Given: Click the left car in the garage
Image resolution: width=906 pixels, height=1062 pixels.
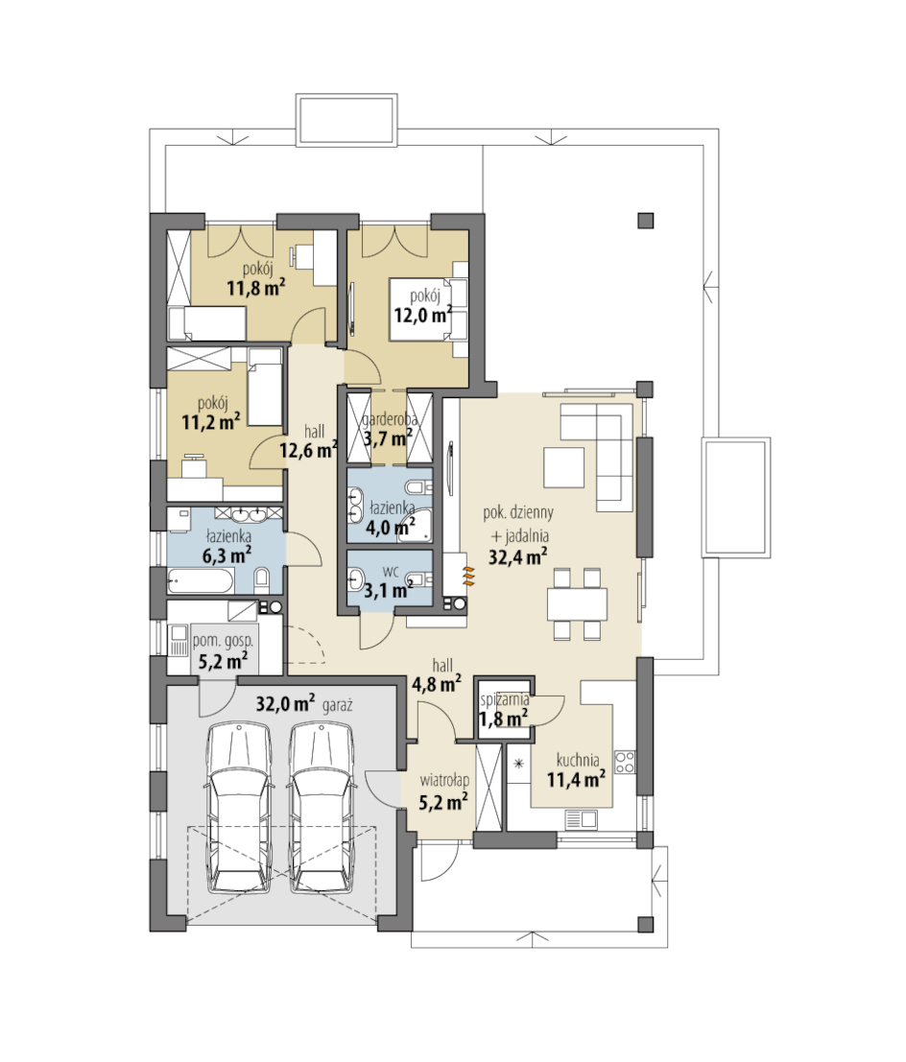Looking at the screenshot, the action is pos(239,808).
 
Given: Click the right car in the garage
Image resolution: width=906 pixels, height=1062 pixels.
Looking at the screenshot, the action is pos(322,808).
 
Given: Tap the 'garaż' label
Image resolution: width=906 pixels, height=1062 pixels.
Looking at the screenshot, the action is pos(338,705).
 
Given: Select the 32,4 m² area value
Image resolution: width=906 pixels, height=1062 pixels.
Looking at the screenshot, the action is pos(518,556).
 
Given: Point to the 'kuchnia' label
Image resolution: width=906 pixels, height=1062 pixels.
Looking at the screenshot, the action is pos(578,760).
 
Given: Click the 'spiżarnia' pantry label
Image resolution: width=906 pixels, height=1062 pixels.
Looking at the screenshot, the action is pos(504,700).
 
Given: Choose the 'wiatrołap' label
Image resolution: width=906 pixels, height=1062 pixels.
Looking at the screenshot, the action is pos(443,780).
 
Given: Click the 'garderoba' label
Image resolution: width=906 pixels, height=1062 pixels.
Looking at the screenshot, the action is pos(389,420).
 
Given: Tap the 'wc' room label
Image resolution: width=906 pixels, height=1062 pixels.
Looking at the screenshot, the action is pos(390,570).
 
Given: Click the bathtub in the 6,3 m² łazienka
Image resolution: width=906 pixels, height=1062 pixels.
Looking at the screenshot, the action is pos(202,581).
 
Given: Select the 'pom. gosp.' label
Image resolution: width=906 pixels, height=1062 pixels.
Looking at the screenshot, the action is pos(223,640).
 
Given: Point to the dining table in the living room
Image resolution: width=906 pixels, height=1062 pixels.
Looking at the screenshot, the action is pos(578,603).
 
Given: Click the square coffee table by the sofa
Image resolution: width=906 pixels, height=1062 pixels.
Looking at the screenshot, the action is pos(563,466).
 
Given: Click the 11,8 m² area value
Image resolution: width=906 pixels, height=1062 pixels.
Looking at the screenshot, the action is pos(255,289).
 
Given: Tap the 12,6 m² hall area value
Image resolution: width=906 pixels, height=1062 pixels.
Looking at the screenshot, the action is pos(309,449).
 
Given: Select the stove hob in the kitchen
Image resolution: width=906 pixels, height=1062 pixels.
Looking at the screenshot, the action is pos(625,762).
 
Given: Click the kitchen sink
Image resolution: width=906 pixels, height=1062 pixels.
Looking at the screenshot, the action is pos(582,819).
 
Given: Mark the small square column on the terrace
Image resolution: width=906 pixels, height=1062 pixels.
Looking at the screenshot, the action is pos(645,220).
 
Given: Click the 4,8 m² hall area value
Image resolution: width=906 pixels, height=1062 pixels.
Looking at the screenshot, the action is pos(437,684).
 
